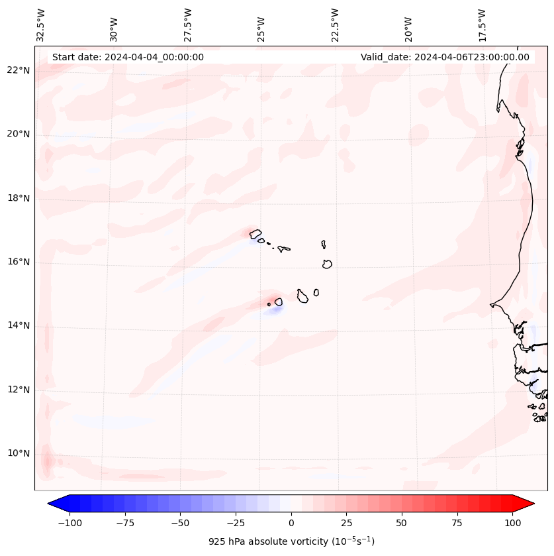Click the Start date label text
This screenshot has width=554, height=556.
128,57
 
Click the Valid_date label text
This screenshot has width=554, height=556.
445,57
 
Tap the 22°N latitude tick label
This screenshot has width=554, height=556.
19,71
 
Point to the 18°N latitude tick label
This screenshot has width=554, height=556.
19,198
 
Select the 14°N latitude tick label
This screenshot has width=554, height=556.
19,325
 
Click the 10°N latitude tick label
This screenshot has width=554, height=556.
19,453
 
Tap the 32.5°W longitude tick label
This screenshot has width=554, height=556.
41,25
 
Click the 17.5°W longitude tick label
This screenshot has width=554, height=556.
482,25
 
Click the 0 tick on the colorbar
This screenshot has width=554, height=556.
291,523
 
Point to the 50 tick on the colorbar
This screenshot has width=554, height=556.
402,523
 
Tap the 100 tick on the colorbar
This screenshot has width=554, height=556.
512,523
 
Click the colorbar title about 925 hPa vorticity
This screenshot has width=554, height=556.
291,541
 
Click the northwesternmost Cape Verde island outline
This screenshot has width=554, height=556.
255,233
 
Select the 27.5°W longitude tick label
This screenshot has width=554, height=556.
188,25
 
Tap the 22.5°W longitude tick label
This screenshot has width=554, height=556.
335,25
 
